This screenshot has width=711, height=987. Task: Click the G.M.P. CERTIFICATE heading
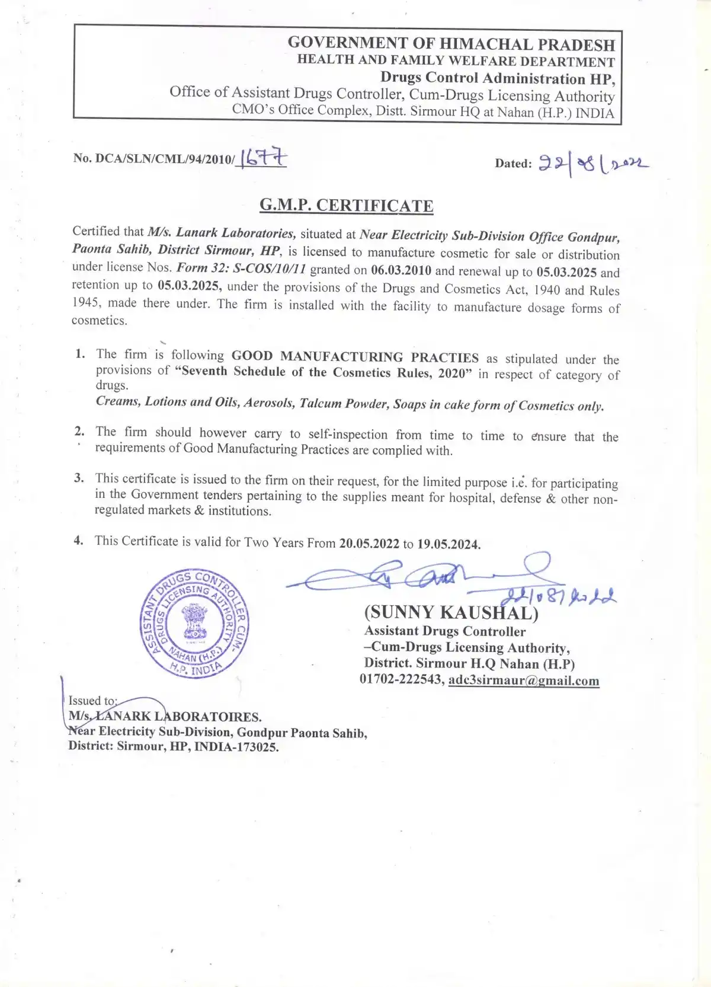(x=347, y=206)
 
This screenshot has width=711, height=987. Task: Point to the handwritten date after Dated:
(x=593, y=163)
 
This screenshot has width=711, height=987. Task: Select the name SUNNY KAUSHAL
(x=451, y=612)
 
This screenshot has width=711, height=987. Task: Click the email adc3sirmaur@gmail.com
(x=524, y=681)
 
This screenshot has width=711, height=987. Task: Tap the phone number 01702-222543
(x=401, y=679)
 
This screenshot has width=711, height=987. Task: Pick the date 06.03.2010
(x=401, y=271)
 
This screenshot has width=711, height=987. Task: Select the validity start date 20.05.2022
(x=369, y=544)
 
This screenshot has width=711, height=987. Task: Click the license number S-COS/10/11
(x=270, y=269)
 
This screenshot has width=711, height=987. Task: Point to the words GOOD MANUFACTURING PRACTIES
(x=355, y=357)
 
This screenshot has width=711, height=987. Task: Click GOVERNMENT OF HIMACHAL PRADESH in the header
(x=451, y=44)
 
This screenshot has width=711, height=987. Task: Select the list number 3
(x=79, y=478)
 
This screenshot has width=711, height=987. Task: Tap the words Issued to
(x=92, y=701)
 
